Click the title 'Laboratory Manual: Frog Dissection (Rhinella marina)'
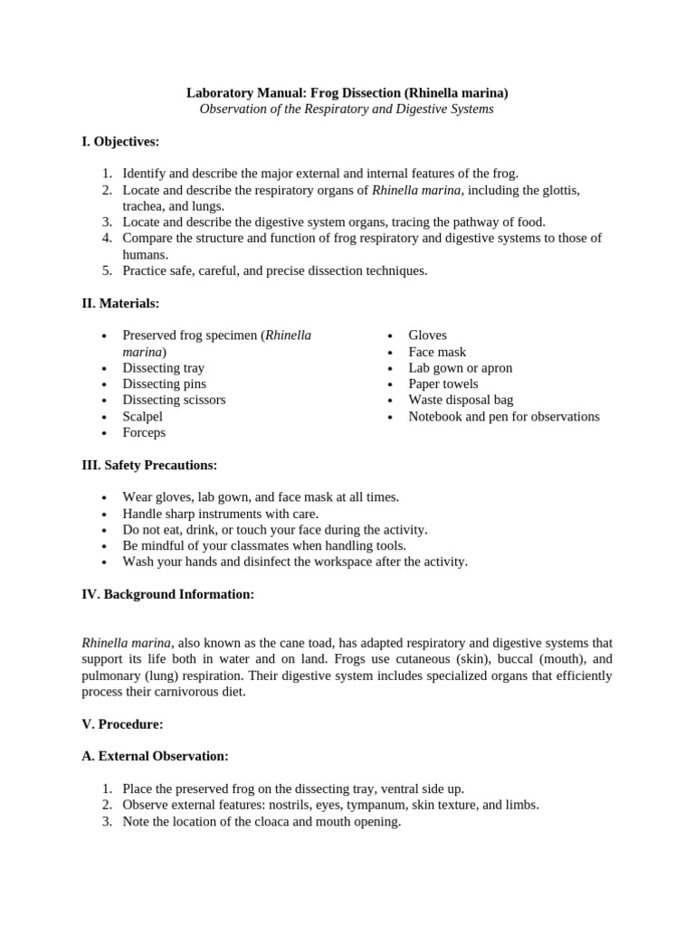[347, 92]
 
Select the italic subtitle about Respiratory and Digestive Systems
[347, 109]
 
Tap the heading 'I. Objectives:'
[120, 141]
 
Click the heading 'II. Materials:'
[120, 303]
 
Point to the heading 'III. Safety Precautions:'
[149, 465]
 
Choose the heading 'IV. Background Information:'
[167, 594]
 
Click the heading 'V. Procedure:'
[122, 723]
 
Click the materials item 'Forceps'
[144, 432]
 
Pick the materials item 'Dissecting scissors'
[174, 400]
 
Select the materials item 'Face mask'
[437, 352]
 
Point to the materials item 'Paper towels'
[443, 384]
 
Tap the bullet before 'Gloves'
[389, 336]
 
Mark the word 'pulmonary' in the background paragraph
[112, 676]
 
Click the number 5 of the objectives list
[106, 270]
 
